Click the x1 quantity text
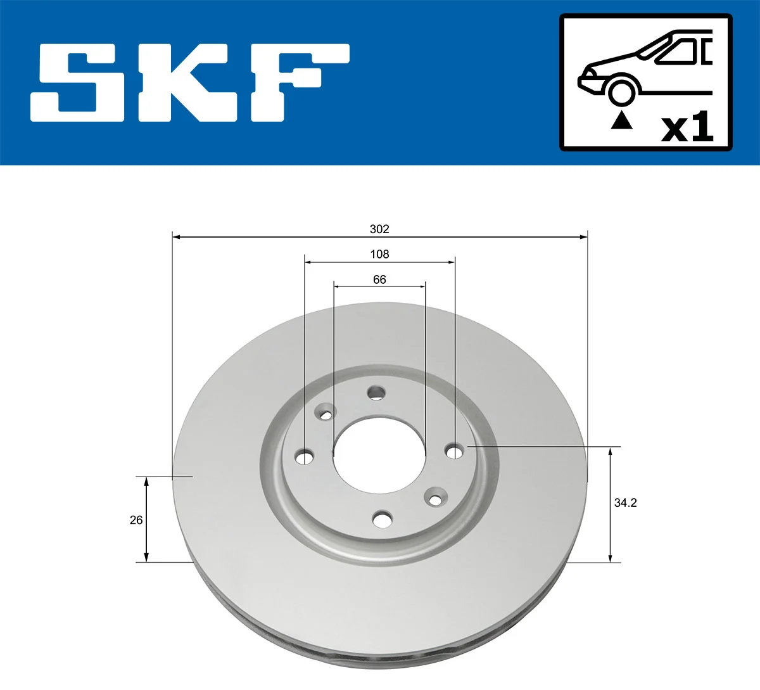[x=687, y=128]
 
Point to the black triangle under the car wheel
[x=621, y=120]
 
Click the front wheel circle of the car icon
[x=621, y=91]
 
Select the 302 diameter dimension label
[x=379, y=229]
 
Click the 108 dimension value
[x=379, y=254]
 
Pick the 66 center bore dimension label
[x=379, y=279]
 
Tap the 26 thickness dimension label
[x=136, y=520]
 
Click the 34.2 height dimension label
[x=625, y=502]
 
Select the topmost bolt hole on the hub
[x=376, y=393]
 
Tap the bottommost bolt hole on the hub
[x=382, y=520]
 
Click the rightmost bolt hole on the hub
[x=454, y=451]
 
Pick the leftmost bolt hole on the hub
[x=305, y=456]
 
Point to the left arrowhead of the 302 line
[x=177, y=237]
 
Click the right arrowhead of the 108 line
[x=452, y=261]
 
